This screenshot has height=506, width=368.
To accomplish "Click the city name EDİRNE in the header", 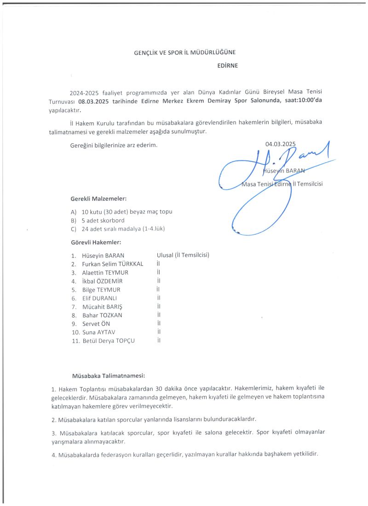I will click(227, 65).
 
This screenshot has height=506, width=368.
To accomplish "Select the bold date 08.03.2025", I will click(95, 101).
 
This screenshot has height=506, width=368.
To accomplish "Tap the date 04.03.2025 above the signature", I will click(281, 144).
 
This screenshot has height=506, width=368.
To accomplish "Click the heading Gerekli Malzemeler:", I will click(98, 199).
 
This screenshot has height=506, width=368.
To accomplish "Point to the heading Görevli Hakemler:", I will click(96, 242).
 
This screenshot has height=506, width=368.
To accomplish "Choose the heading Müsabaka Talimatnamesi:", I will click(109, 375).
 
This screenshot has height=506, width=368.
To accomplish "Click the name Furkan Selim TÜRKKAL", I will click(113, 264).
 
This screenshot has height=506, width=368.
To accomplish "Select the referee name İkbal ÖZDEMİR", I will click(102, 281).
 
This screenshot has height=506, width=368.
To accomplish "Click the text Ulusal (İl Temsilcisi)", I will click(183, 255).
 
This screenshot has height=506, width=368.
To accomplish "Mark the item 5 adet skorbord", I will click(103, 220).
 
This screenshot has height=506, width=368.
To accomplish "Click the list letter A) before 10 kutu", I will click(73, 212).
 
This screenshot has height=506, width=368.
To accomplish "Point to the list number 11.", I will click(75, 341).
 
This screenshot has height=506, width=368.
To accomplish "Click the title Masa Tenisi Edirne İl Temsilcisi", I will click(282, 184).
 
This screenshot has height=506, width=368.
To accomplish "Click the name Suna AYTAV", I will click(99, 332).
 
